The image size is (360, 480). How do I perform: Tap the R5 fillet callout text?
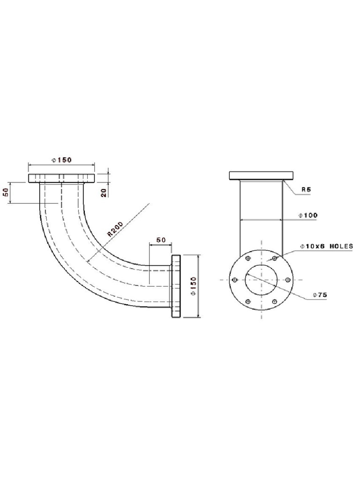(306, 189)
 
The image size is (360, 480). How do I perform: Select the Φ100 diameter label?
(308, 215)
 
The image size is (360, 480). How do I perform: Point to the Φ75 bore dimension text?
(320, 295)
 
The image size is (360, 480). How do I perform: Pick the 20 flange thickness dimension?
(104, 193)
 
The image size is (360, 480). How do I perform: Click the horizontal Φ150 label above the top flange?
(61, 160)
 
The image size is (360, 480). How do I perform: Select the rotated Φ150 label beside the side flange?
(193, 286)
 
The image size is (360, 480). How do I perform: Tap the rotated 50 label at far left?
(6, 192)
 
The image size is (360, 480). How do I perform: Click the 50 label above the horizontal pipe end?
(161, 240)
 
